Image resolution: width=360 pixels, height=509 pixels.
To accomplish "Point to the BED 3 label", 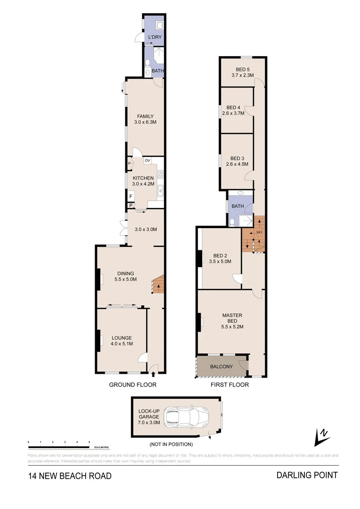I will pyautogui.click(x=237, y=158).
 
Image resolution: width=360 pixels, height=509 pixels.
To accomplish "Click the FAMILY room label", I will pyautogui.click(x=145, y=116).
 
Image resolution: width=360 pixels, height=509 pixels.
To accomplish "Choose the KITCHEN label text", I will pyautogui.click(x=143, y=178).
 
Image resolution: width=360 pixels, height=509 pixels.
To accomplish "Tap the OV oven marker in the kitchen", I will pyautogui.click(x=147, y=161).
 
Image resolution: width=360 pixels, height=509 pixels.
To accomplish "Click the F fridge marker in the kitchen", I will pyautogui.click(x=131, y=196).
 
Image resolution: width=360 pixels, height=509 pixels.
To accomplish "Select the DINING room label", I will pyautogui.click(x=125, y=273).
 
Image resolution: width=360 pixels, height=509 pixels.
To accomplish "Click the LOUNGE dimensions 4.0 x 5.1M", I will pyautogui.click(x=122, y=344).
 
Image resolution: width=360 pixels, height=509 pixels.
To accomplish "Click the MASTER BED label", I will pyautogui.click(x=232, y=319).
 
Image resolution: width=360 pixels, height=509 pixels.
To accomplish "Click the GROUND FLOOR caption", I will pyautogui.click(x=133, y=385).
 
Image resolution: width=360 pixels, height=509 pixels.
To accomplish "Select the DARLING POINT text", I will pyautogui.click(x=307, y=475).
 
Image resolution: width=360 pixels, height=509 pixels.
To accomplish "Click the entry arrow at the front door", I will pyautogui.click(x=154, y=375).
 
